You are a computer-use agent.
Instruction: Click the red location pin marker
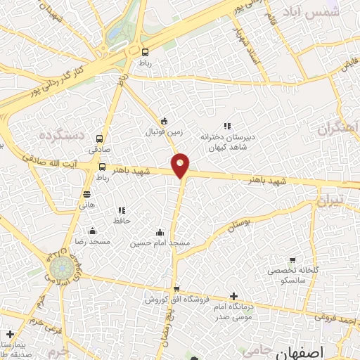(181, 165)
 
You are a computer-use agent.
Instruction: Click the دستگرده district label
(61, 133)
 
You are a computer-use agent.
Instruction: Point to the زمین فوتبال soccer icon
(164, 120)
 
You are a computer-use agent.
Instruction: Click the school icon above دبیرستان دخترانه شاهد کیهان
(226, 126)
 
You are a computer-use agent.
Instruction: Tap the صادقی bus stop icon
(99, 139)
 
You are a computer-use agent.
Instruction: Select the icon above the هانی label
(87, 194)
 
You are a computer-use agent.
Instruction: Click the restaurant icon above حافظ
(122, 210)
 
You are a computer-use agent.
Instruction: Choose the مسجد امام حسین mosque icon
(160, 232)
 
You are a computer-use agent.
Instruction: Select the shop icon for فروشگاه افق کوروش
(176, 289)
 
